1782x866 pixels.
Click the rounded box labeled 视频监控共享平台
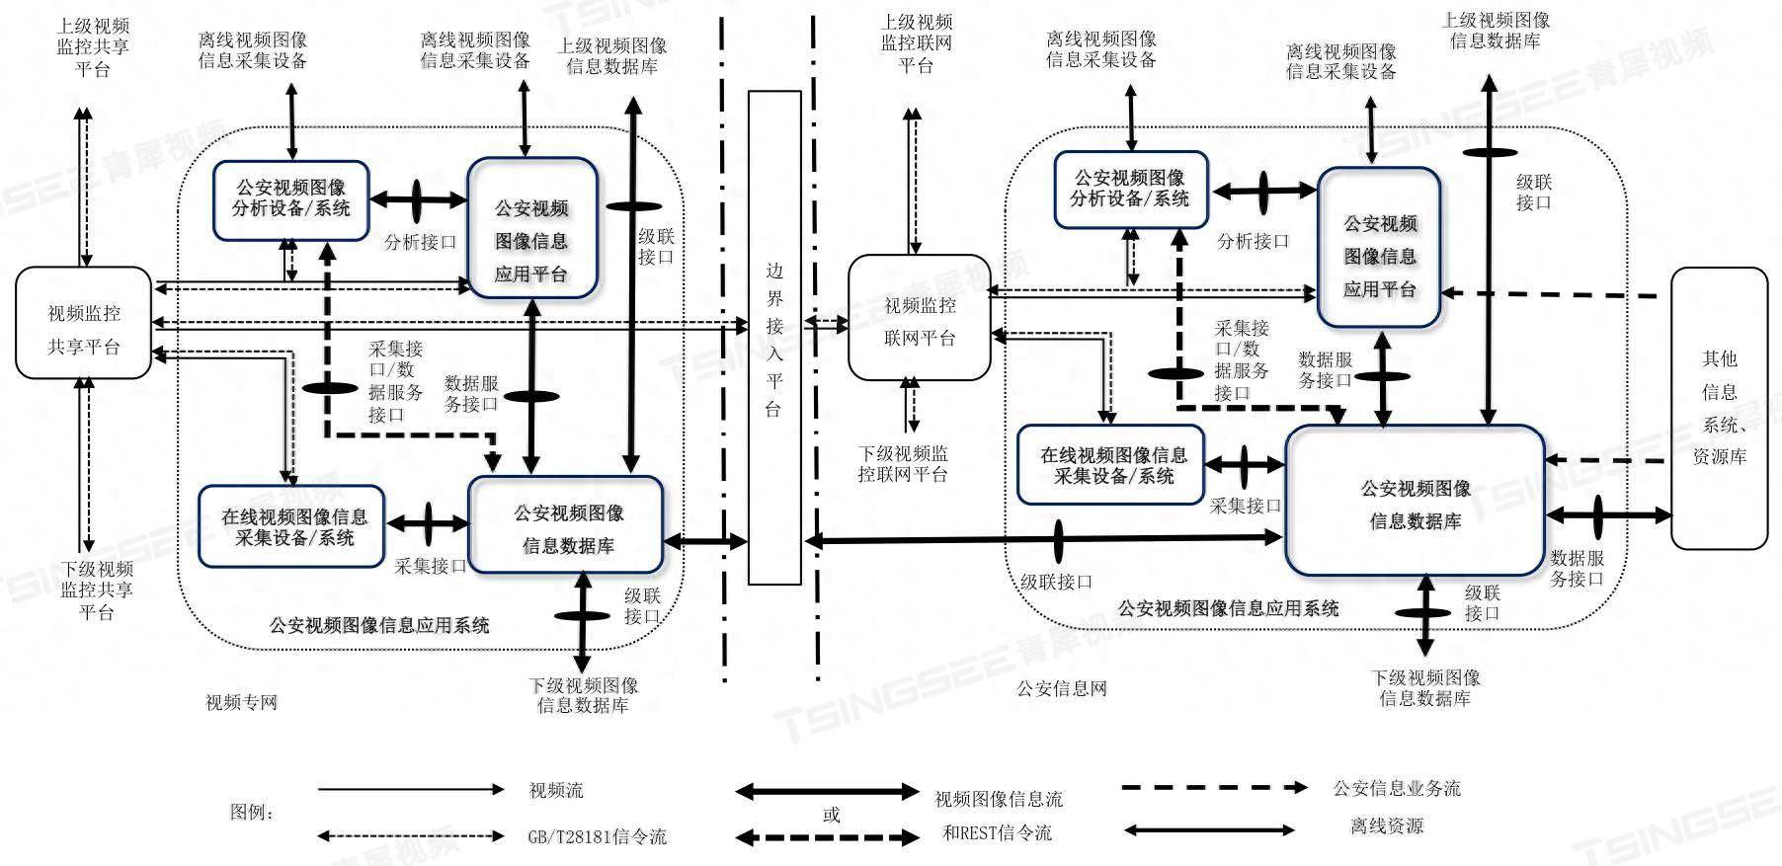click(84, 323)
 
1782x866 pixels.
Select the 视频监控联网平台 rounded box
click(919, 318)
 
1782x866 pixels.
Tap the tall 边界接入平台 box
click(773, 338)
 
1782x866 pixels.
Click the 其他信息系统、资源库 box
click(1719, 408)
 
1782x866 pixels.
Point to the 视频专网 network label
click(241, 702)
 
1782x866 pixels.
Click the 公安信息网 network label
click(1062, 689)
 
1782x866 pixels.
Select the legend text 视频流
click(556, 790)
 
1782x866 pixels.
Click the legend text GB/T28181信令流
click(597, 836)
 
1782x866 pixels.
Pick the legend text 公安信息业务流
click(1396, 788)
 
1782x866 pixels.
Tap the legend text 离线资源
click(1387, 827)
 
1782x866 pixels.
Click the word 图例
click(251, 812)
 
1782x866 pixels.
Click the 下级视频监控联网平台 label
click(903, 463)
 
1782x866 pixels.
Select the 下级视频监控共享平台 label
click(97, 590)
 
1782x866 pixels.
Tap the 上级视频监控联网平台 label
click(917, 43)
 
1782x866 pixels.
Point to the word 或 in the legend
click(832, 815)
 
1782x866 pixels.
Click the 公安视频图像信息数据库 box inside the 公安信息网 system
click(1415, 502)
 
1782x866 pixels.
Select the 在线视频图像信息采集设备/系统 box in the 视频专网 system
click(291, 527)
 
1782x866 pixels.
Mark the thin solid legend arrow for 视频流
click(411, 790)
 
